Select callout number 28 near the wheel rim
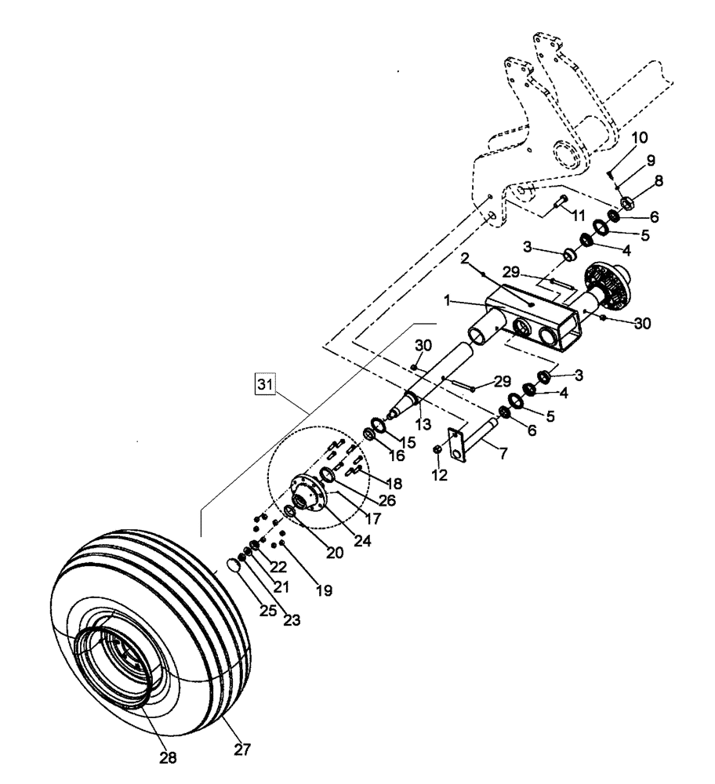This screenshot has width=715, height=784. click(x=167, y=758)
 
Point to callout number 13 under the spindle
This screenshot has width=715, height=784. click(x=423, y=424)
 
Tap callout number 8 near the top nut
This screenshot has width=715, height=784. click(x=658, y=180)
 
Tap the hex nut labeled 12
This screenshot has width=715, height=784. click(x=437, y=449)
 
